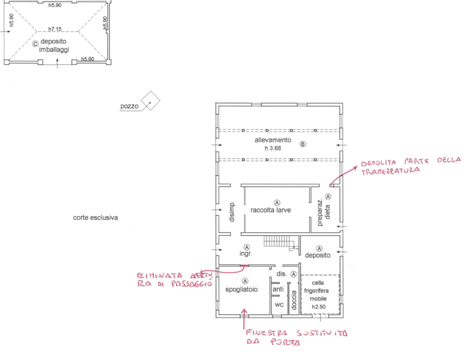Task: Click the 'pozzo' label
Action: tap(129, 107)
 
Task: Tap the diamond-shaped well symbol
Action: tap(150, 100)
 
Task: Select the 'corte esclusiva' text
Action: tap(96, 218)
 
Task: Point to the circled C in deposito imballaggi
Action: tap(35, 44)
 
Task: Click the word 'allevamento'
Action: tap(273, 140)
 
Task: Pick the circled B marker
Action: tap(302, 144)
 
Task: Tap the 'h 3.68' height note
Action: tap(273, 147)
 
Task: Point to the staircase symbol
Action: tap(276, 242)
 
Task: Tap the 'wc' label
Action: tap(278, 305)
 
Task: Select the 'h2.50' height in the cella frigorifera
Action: tap(319, 307)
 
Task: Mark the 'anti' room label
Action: tap(278, 290)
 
